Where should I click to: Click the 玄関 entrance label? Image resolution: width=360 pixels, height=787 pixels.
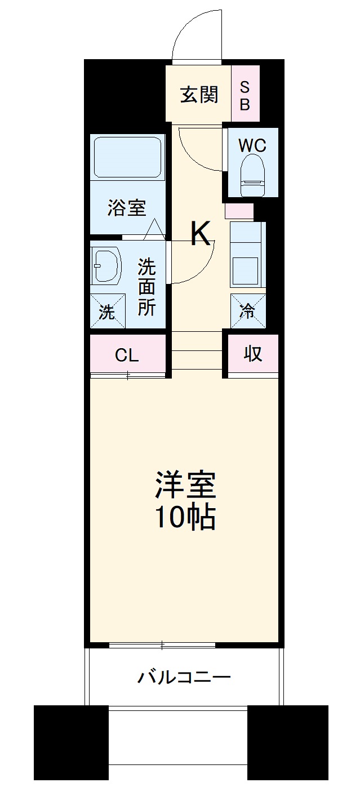(x=198, y=95)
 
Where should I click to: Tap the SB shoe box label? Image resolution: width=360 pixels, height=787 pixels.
(x=245, y=95)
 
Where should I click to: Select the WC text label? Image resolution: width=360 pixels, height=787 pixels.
(x=252, y=145)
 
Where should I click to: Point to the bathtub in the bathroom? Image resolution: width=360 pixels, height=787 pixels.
(x=127, y=157)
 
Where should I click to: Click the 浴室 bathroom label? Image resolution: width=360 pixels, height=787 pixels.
(x=127, y=208)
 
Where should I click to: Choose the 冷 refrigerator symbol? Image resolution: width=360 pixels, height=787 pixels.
(x=248, y=311)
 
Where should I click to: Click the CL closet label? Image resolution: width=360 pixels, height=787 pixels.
(x=127, y=355)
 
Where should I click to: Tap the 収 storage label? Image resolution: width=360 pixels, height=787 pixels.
(x=252, y=354)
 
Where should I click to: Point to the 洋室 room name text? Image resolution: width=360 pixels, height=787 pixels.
(x=186, y=486)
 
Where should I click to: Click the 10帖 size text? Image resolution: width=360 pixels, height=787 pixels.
(x=186, y=517)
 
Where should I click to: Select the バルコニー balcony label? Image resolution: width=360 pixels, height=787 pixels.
(x=184, y=675)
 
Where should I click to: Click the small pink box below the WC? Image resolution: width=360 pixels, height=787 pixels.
(x=239, y=211)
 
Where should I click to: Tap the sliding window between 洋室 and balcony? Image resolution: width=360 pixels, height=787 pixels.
(x=162, y=645)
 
